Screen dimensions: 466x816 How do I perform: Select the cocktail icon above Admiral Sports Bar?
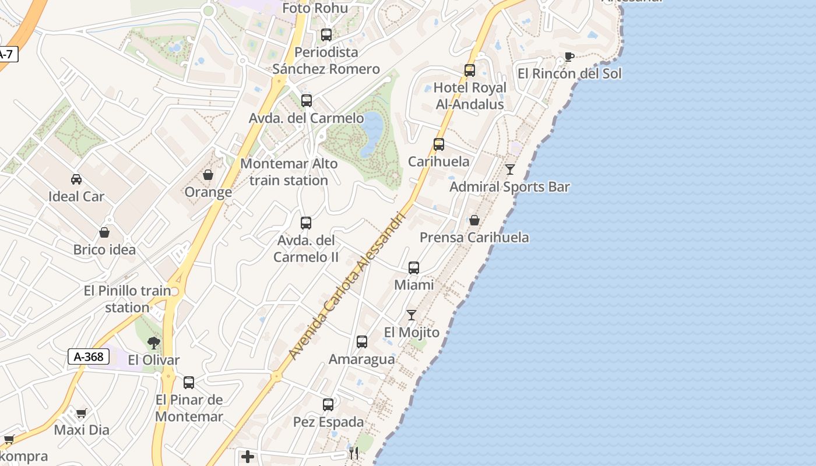click(x=510, y=170)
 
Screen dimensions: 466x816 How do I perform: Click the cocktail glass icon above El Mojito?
click(x=411, y=315)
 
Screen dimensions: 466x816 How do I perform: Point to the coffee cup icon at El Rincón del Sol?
click(x=569, y=57)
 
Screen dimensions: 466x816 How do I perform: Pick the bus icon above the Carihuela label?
click(x=439, y=144)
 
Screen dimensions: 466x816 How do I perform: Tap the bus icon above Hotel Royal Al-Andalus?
click(x=470, y=70)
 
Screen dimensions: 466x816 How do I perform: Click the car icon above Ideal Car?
click(x=76, y=179)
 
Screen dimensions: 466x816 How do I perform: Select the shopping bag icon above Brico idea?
click(x=104, y=232)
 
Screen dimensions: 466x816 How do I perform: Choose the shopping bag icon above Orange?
click(x=208, y=175)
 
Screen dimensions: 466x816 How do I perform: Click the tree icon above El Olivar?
click(x=154, y=343)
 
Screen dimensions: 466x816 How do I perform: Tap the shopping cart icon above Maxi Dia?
click(x=81, y=413)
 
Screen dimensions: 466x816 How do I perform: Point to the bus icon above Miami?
click(x=414, y=268)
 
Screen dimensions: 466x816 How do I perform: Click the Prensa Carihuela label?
click(x=474, y=238)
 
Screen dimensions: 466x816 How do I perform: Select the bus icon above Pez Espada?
click(x=328, y=404)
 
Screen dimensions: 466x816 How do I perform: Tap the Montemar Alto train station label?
click(x=289, y=172)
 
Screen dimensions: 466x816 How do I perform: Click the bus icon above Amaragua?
click(x=362, y=342)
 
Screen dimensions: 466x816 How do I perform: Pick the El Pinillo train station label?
click(x=128, y=299)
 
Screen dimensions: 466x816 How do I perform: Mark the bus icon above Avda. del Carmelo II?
click(x=306, y=223)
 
